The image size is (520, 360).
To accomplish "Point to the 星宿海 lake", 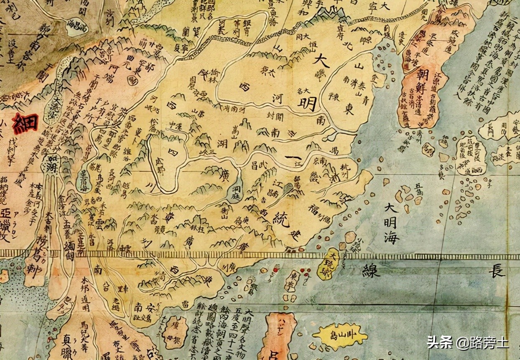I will (86, 178).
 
